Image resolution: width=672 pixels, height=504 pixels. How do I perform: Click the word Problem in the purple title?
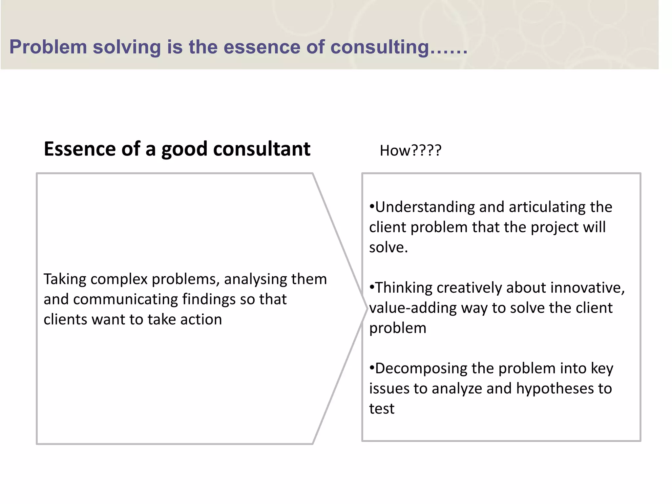[x=48, y=47]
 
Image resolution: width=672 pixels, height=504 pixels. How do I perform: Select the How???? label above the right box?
[x=410, y=151]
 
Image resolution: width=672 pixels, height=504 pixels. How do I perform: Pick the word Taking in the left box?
[x=65, y=280]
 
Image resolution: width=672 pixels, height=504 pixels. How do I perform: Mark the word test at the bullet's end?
[x=382, y=409]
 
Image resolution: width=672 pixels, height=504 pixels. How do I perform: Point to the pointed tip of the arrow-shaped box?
[x=367, y=308]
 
